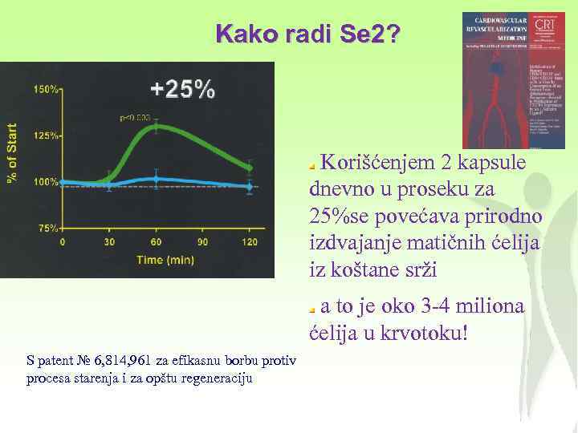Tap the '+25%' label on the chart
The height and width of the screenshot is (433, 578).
[x=184, y=90]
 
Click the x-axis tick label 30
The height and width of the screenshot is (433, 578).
[x=109, y=242]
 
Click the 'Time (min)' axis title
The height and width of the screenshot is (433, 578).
[x=165, y=260]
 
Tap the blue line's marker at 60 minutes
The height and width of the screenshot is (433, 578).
[x=157, y=178]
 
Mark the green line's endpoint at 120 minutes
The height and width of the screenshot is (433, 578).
[x=250, y=168]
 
